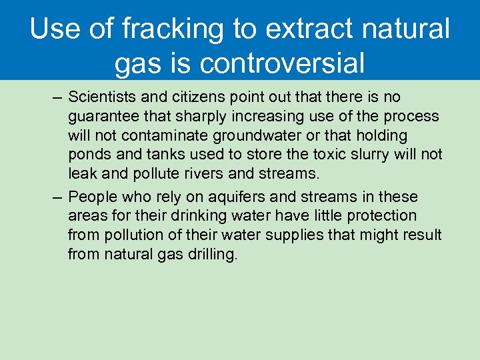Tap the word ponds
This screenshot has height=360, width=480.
87,155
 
